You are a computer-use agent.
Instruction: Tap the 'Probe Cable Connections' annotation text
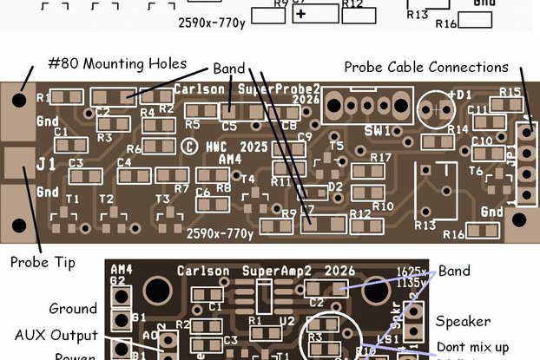tap(425, 67)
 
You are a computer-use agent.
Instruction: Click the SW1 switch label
tap(376, 131)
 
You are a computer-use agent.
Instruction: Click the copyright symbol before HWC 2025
tap(188, 147)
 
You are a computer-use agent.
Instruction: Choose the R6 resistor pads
tap(158, 148)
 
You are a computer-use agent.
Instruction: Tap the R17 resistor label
tap(380, 158)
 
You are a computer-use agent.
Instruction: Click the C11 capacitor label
tap(478, 110)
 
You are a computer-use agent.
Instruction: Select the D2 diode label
tap(335, 187)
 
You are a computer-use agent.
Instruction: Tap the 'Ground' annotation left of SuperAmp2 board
tap(73, 308)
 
